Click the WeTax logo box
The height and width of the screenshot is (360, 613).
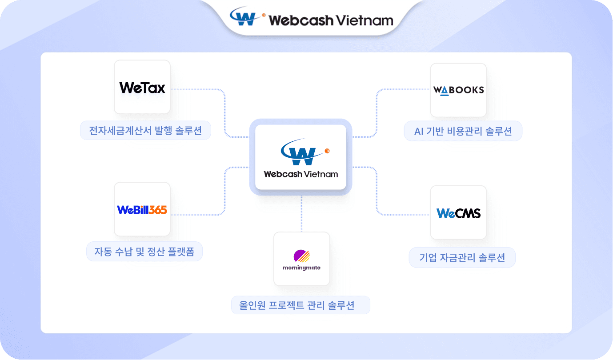(x=142, y=87)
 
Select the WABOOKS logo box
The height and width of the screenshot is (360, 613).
(x=458, y=90)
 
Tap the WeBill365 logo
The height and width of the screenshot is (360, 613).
(x=142, y=210)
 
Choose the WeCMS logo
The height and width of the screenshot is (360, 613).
(x=458, y=213)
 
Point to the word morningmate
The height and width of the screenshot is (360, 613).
(x=301, y=268)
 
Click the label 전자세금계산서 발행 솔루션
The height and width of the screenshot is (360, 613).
(x=145, y=131)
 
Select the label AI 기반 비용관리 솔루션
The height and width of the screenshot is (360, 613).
(x=463, y=131)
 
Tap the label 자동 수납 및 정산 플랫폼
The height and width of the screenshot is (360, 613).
(x=144, y=252)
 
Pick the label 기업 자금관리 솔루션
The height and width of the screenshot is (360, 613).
(x=462, y=257)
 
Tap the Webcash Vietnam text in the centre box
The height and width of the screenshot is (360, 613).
(x=301, y=174)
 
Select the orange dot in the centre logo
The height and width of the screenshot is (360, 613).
(x=327, y=151)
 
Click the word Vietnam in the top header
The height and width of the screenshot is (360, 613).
(x=365, y=20)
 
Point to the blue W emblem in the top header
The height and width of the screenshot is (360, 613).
(x=243, y=16)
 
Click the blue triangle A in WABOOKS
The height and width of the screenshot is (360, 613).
(x=445, y=91)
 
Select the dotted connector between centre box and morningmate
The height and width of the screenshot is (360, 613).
(x=301, y=214)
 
